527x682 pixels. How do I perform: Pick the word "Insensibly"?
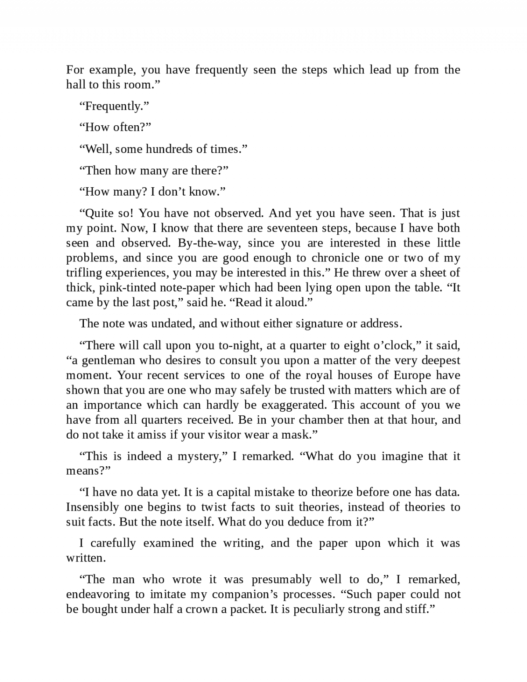(93, 507)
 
